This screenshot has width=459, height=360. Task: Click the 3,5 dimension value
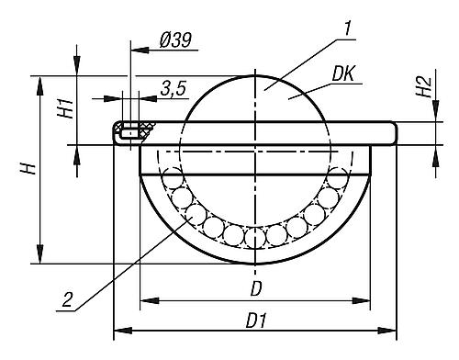174,89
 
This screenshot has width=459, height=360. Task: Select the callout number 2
65,298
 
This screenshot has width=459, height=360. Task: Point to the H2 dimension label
422,87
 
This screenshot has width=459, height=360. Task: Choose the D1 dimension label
258,321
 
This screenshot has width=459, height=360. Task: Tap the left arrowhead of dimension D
144,299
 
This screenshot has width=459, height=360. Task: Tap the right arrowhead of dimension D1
394,332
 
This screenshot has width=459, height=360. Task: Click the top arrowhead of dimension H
39,82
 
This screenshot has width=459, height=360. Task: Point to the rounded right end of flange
394,133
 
